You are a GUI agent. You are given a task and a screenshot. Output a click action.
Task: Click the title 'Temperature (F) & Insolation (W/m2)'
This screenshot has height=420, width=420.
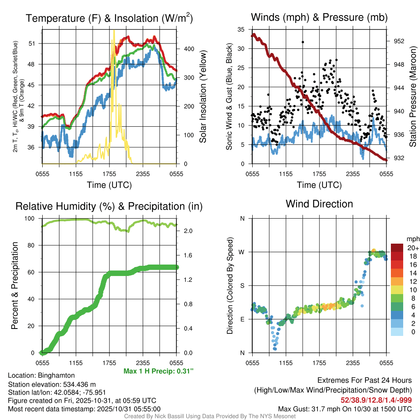[x=109, y=18]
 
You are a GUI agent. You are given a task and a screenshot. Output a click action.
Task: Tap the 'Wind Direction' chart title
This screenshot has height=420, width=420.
[x=319, y=203]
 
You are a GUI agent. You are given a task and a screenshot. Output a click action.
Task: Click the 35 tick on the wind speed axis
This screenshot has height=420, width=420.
[x=241, y=30]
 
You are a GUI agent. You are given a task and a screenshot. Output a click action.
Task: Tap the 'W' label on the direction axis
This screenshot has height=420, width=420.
[x=242, y=252]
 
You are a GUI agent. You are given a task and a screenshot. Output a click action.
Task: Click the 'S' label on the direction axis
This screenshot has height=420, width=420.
[x=242, y=285]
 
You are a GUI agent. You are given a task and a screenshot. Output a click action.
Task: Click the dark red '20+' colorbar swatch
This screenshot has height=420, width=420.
[x=397, y=248]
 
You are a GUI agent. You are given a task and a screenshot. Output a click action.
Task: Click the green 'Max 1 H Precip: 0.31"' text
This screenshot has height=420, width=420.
[x=158, y=371]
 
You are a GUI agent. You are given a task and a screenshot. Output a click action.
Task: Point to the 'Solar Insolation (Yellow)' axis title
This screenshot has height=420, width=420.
[x=203, y=97]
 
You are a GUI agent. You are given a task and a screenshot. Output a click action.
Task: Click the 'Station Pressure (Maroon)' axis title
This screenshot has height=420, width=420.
[x=413, y=97]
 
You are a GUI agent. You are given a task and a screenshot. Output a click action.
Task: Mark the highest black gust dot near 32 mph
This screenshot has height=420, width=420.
[x=303, y=42]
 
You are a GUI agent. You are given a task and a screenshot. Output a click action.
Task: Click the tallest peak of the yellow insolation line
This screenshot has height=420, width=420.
[x=114, y=31]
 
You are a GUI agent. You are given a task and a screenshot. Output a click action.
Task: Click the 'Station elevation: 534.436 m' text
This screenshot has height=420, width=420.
[x=52, y=384]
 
